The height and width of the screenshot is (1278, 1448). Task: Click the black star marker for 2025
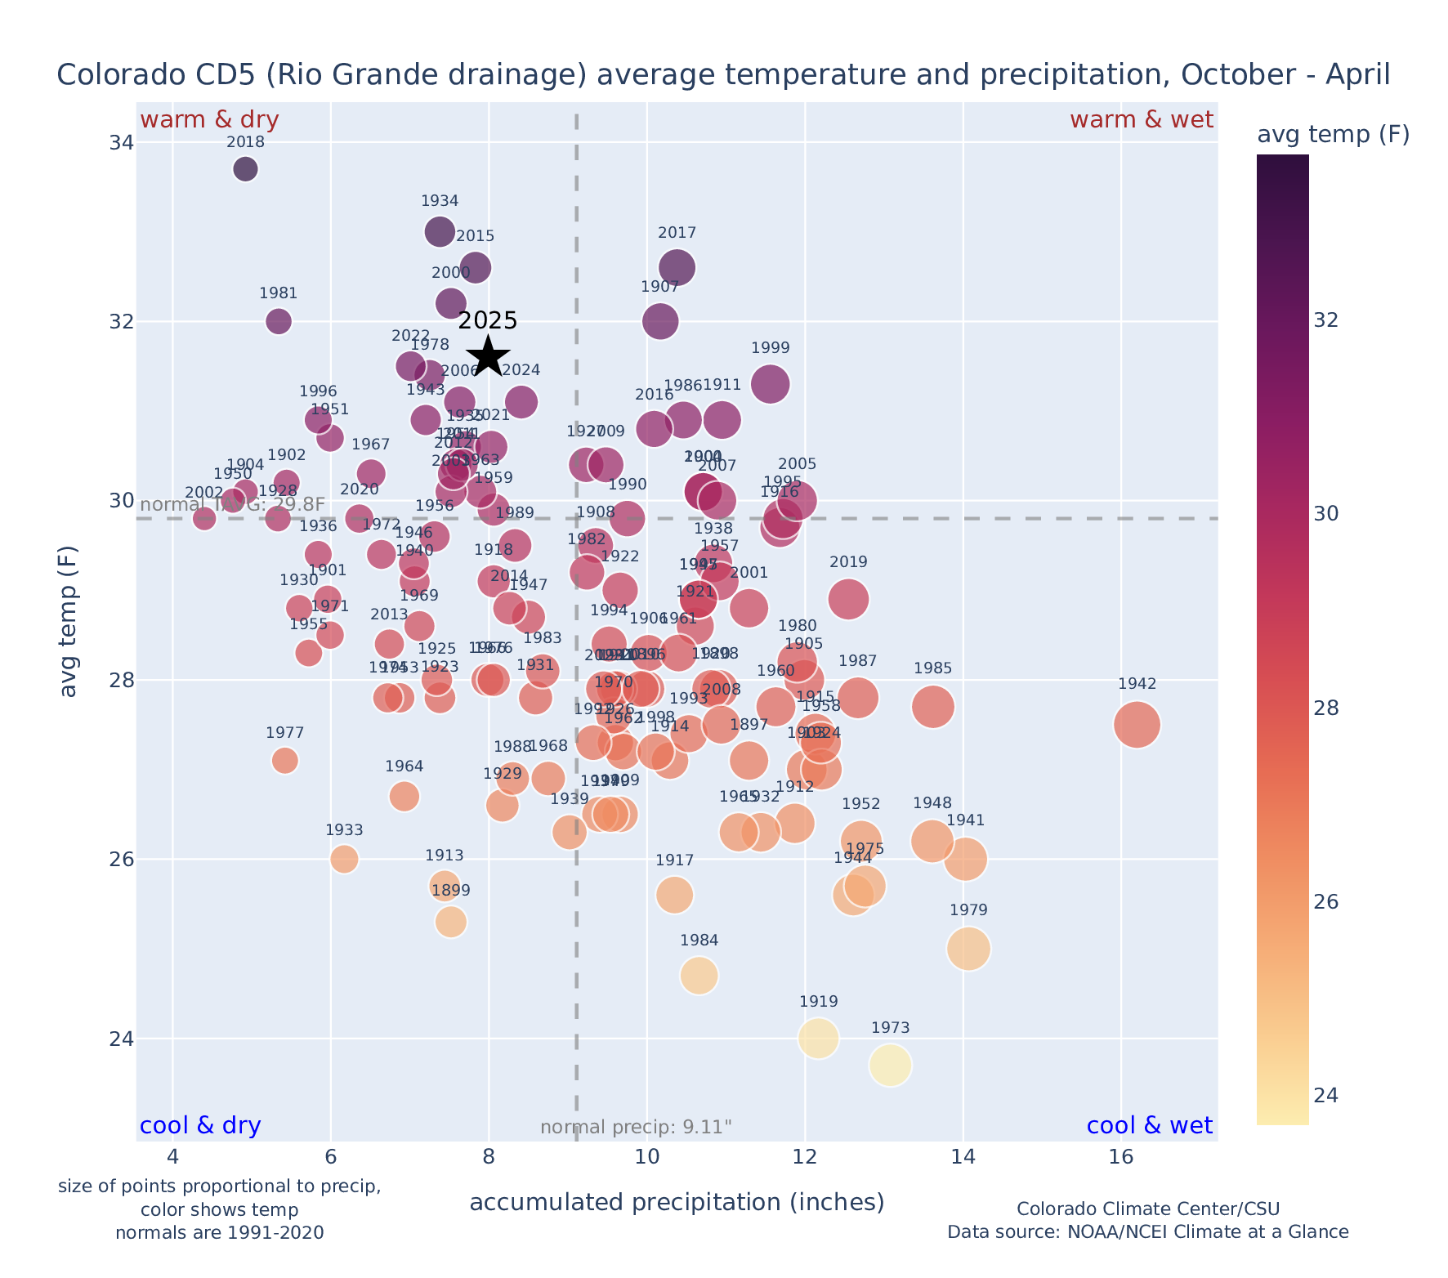click(x=489, y=356)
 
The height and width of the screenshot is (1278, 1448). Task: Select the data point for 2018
click(x=245, y=169)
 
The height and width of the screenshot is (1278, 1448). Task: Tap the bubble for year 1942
click(x=1137, y=724)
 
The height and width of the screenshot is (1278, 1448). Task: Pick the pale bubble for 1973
click(x=890, y=1066)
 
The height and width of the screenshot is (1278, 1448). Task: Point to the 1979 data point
click(x=969, y=949)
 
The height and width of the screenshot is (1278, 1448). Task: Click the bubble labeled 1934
click(x=440, y=232)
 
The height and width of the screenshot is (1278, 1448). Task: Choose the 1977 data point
click(x=285, y=761)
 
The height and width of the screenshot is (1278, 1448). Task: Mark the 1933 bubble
click(x=345, y=859)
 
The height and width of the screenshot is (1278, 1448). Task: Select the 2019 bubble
click(x=848, y=599)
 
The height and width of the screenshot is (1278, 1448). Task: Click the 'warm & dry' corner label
click(x=210, y=120)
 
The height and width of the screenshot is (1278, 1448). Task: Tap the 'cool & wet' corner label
click(x=1149, y=1126)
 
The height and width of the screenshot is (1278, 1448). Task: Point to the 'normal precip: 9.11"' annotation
click(x=636, y=1128)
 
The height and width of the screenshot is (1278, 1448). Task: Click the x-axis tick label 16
click(x=1121, y=1158)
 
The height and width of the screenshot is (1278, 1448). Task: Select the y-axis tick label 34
click(x=121, y=143)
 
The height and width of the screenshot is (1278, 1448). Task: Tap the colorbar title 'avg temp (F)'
click(x=1333, y=135)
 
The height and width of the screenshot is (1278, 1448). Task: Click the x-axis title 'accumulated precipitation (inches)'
click(x=677, y=1202)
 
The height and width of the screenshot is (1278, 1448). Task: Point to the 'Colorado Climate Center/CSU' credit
click(x=1147, y=1209)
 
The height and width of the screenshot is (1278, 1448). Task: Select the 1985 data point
click(x=932, y=707)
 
